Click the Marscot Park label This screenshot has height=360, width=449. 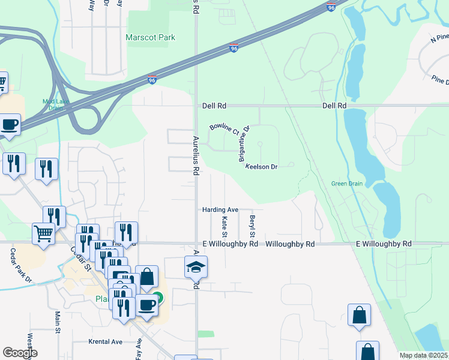click(x=150, y=37)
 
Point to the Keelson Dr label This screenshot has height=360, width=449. click(x=261, y=167)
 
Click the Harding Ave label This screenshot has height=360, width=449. click(x=220, y=209)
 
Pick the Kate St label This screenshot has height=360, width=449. click(x=225, y=226)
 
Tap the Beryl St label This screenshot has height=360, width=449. click(x=253, y=226)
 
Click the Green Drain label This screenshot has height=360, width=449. click(x=347, y=184)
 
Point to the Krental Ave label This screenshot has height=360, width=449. click(x=105, y=341)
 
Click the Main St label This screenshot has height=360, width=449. click(x=58, y=321)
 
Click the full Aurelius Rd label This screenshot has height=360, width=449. click(x=196, y=154)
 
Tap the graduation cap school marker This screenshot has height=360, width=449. click(x=196, y=266)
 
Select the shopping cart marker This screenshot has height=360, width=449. click(x=43, y=234)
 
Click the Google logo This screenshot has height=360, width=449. click(x=19, y=353)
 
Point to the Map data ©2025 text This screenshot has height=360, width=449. click(x=423, y=355)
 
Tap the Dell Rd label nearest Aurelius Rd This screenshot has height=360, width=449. click(x=214, y=106)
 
